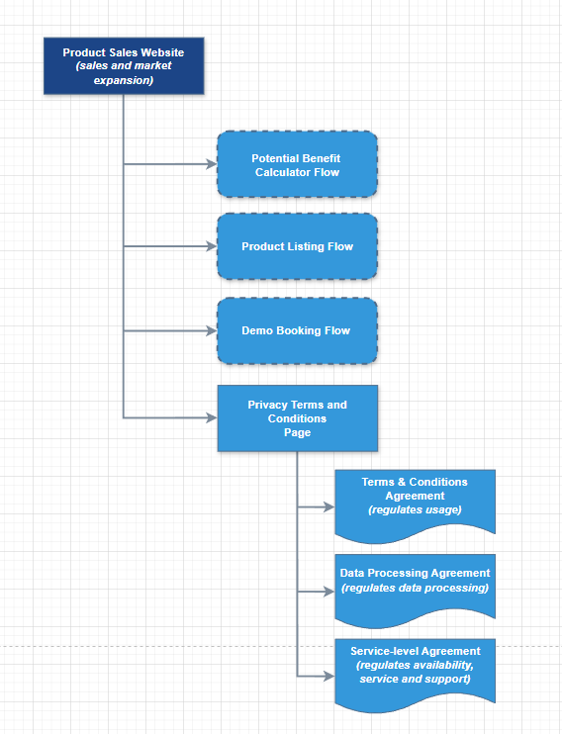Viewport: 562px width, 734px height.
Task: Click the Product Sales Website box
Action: (x=124, y=66)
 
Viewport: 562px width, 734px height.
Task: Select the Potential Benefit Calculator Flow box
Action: (x=297, y=164)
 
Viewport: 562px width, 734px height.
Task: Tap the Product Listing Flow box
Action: (x=297, y=246)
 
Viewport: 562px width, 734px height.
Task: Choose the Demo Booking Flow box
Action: (x=297, y=330)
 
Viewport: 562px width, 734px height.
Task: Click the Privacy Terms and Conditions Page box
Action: (x=297, y=417)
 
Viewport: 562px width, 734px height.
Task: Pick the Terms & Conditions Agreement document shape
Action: (x=415, y=505)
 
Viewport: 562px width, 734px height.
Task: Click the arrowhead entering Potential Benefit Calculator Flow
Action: (x=211, y=164)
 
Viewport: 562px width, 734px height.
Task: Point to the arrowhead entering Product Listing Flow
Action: (x=211, y=246)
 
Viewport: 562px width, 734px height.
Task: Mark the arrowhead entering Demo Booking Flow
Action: (x=211, y=330)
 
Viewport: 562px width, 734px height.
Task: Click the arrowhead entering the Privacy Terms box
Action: (x=211, y=418)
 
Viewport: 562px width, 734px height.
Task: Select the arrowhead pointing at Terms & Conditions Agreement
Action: (x=328, y=507)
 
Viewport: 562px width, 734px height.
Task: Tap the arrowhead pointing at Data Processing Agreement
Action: (x=328, y=592)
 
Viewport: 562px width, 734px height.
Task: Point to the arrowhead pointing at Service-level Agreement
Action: (x=328, y=677)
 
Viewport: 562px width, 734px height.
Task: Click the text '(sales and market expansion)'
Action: (x=124, y=72)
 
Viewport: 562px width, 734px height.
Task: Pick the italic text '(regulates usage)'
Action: (x=415, y=510)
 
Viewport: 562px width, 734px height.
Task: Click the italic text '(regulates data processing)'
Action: (x=415, y=588)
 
